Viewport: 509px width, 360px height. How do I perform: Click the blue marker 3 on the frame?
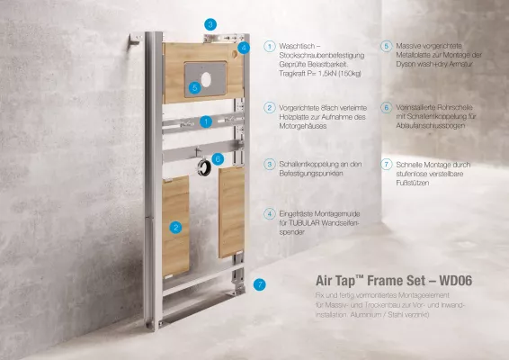click(210, 24)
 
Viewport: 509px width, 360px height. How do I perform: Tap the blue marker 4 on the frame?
click(244, 47)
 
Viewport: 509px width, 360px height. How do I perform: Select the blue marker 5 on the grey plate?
click(195, 87)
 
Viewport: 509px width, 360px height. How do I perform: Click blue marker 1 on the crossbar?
click(206, 121)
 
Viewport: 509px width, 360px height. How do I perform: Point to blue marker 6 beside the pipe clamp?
click(218, 157)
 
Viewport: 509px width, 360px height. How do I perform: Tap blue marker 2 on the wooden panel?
click(176, 228)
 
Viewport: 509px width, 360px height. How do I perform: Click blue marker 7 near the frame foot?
click(259, 284)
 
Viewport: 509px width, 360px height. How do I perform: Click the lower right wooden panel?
click(231, 211)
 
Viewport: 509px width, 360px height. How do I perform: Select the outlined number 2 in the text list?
click(270, 107)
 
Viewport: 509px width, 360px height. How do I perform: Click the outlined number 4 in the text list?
click(270, 213)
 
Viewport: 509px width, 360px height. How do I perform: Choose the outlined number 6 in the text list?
click(385, 107)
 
